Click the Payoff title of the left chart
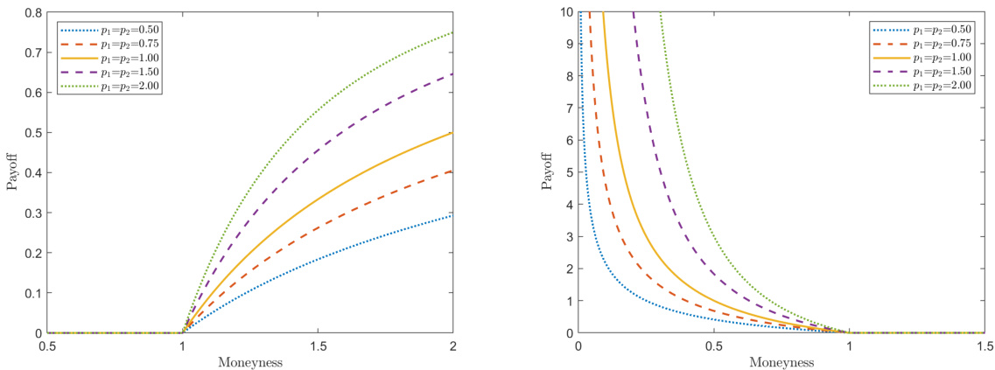(x=12, y=172)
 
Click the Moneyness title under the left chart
(x=249, y=360)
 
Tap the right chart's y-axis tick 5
(x=567, y=172)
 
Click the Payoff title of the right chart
(x=547, y=172)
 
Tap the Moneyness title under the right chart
(x=781, y=360)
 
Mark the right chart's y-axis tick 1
(x=567, y=301)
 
